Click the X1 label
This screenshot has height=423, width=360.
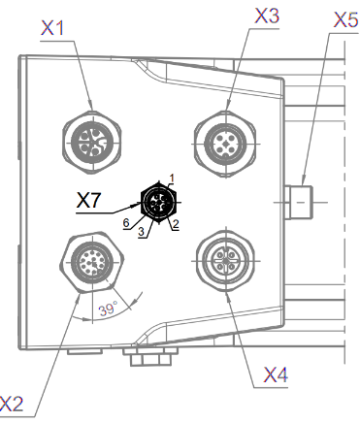tap(52, 28)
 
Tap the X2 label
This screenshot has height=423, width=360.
tap(12, 405)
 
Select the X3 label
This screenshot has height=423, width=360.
tap(267, 16)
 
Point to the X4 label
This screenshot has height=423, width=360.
tap(276, 375)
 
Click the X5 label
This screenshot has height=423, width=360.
tap(346, 20)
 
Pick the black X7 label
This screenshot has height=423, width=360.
tap(88, 200)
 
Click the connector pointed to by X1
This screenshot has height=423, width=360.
tap(92, 142)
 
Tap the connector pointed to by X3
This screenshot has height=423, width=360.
tap(226, 144)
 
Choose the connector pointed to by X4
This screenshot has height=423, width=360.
tap(226, 260)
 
